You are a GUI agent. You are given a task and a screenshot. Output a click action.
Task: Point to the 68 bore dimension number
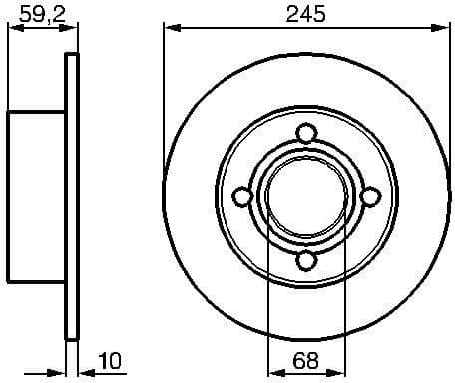(306, 362)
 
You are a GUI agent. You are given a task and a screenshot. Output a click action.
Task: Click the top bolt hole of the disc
(307, 133)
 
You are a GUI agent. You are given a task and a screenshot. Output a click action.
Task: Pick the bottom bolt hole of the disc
(307, 261)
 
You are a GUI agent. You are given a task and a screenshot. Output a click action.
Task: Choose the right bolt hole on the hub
(371, 197)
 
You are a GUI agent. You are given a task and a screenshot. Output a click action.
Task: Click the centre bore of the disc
(306, 197)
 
